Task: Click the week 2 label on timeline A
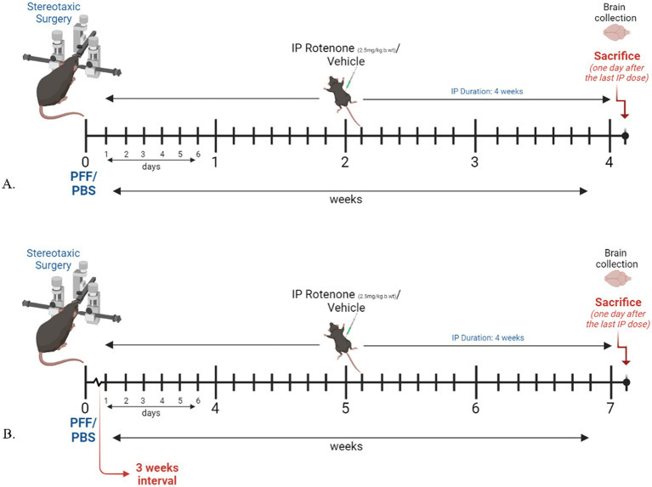pos(345,161)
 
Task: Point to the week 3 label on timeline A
pos(474,161)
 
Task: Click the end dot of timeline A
pos(626,136)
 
